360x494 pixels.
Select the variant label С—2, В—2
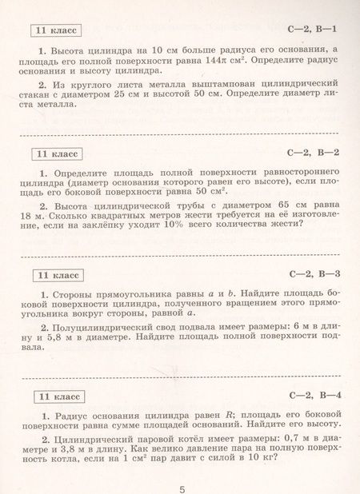point(315,151)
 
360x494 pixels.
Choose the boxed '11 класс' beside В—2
point(54,153)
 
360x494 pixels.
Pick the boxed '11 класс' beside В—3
point(54,275)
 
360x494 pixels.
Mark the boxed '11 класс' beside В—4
point(54,396)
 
